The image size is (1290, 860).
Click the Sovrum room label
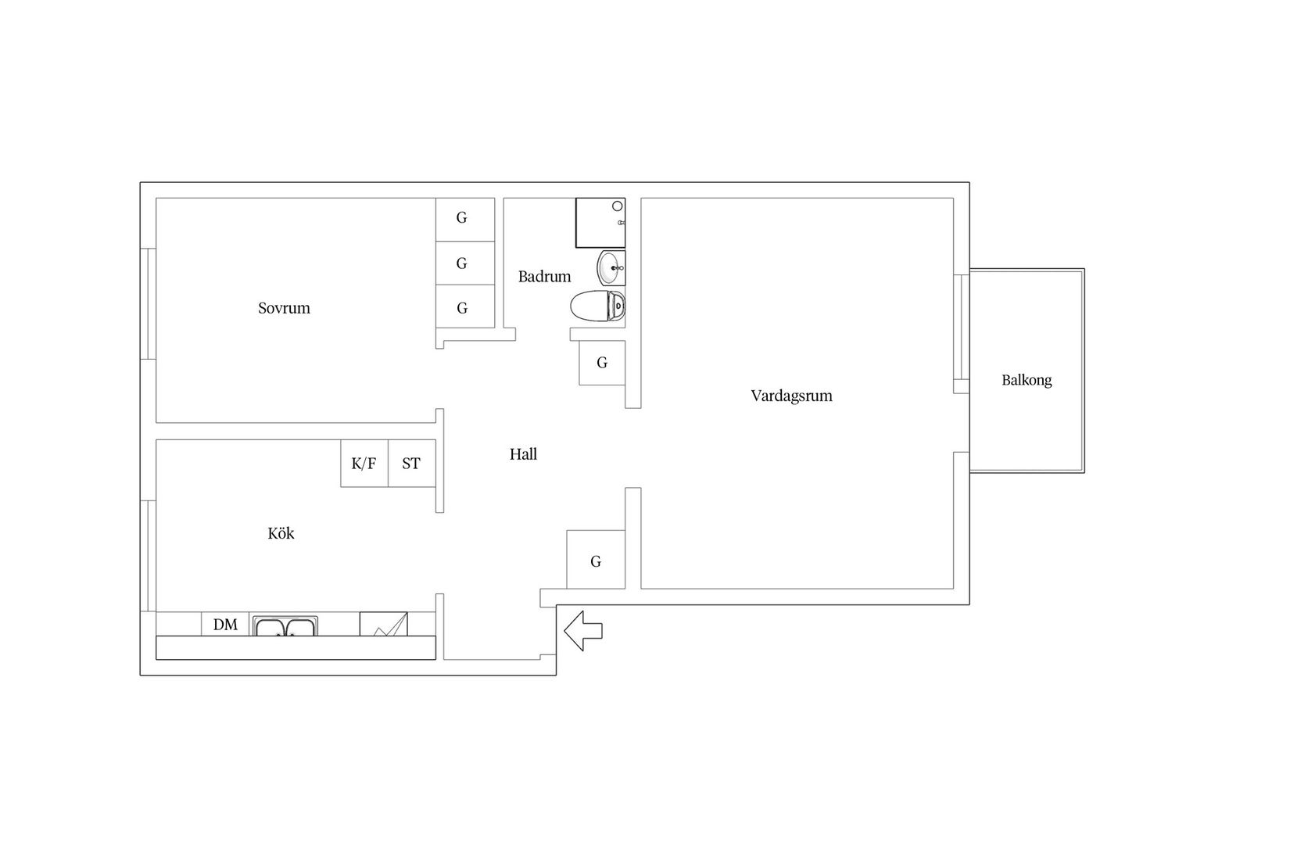point(284,308)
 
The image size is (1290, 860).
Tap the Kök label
point(281,533)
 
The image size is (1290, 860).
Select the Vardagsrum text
point(791,396)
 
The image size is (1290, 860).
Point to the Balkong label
point(1027,380)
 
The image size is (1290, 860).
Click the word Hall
point(523,454)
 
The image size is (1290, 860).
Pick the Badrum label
point(544,277)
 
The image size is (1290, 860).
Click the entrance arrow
point(583,631)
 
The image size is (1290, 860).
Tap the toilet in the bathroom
point(598,306)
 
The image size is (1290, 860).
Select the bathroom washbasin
point(611,268)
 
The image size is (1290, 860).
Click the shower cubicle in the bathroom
point(600,223)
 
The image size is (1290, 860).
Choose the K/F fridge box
point(364,464)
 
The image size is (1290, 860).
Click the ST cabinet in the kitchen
point(412,464)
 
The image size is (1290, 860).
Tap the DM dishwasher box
point(225,625)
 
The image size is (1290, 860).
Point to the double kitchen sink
point(285,626)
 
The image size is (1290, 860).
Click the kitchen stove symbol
point(384,625)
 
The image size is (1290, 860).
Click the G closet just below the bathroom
point(602,363)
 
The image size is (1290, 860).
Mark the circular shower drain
point(618,206)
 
